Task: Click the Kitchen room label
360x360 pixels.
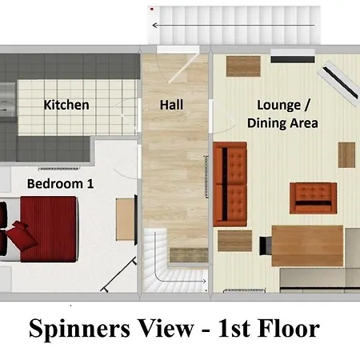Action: coord(66,105)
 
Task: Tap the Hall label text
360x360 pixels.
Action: coord(172,105)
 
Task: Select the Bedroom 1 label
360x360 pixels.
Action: coord(61,183)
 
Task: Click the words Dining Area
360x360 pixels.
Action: coord(282,122)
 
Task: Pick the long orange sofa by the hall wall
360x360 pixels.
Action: coord(230,182)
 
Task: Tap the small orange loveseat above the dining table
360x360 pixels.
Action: coord(314,197)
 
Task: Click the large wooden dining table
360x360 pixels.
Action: coord(307,244)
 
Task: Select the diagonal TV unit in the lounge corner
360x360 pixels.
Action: coord(340,83)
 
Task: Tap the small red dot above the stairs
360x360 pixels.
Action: coord(152,10)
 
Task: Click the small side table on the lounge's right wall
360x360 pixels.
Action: coord(346,154)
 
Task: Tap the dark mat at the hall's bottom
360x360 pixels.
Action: coord(184,253)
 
